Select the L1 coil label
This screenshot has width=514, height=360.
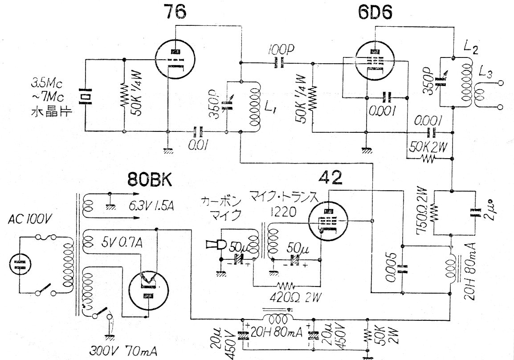click(269, 107)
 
